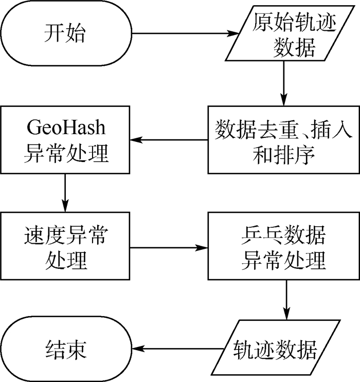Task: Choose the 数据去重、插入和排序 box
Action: [x=283, y=140]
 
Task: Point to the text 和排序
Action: [x=283, y=154]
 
